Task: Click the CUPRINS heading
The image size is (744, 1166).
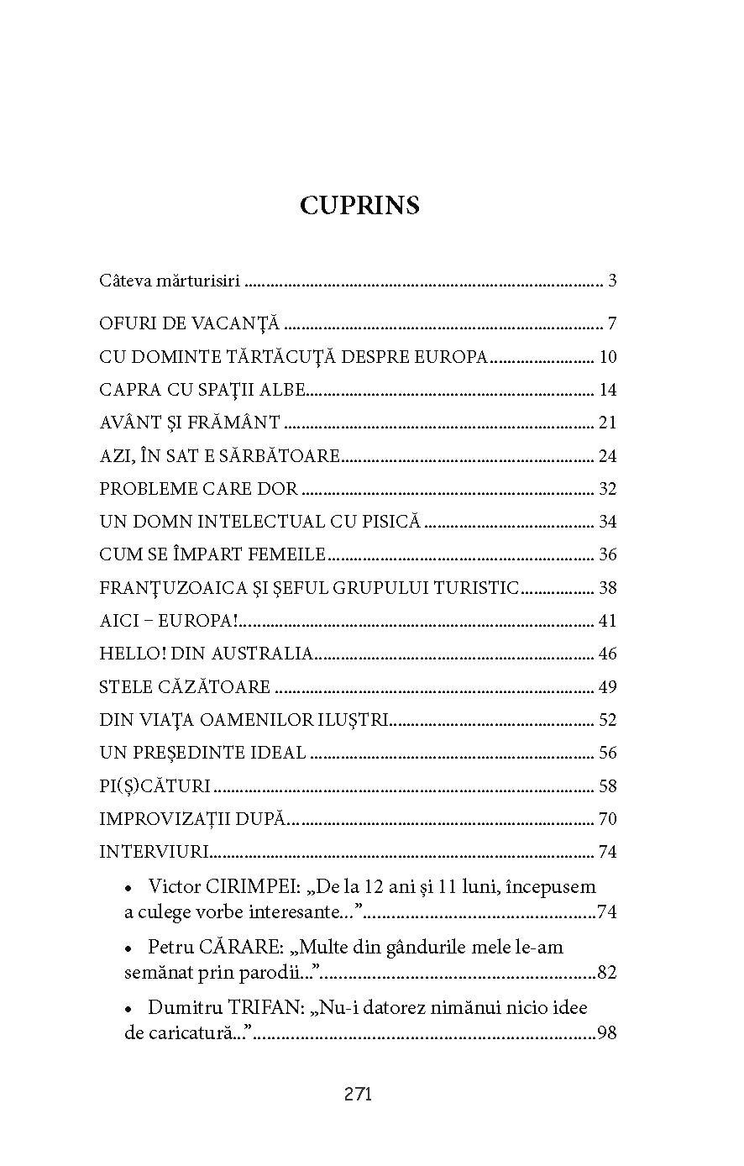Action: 359,206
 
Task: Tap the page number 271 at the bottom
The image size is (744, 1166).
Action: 358,1094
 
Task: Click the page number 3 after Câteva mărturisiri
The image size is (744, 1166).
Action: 612,281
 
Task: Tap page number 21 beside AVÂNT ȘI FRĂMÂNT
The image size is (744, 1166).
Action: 607,423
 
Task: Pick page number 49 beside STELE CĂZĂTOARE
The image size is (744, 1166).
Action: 607,687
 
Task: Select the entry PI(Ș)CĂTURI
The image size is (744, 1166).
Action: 155,786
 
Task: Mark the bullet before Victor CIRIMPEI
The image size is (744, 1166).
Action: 128,887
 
